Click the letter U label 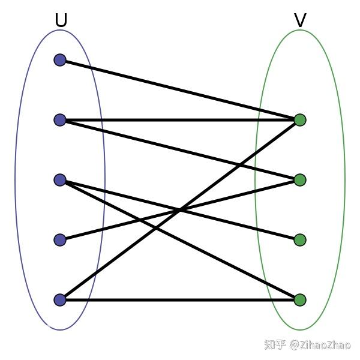(x=61, y=21)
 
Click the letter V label (x=300, y=21)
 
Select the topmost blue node (x=60, y=60)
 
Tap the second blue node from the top (x=60, y=120)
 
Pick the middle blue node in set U (x=60, y=180)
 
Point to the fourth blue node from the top (x=60, y=240)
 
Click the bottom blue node (x=60, y=300)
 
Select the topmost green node (x=300, y=120)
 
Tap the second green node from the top (x=300, y=180)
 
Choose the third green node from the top (x=300, y=240)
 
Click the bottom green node (x=300, y=300)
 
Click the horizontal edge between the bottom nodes (x=180, y=300)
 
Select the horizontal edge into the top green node (x=180, y=120)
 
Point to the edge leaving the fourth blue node (x=120, y=225)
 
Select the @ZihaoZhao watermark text (x=320, y=345)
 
